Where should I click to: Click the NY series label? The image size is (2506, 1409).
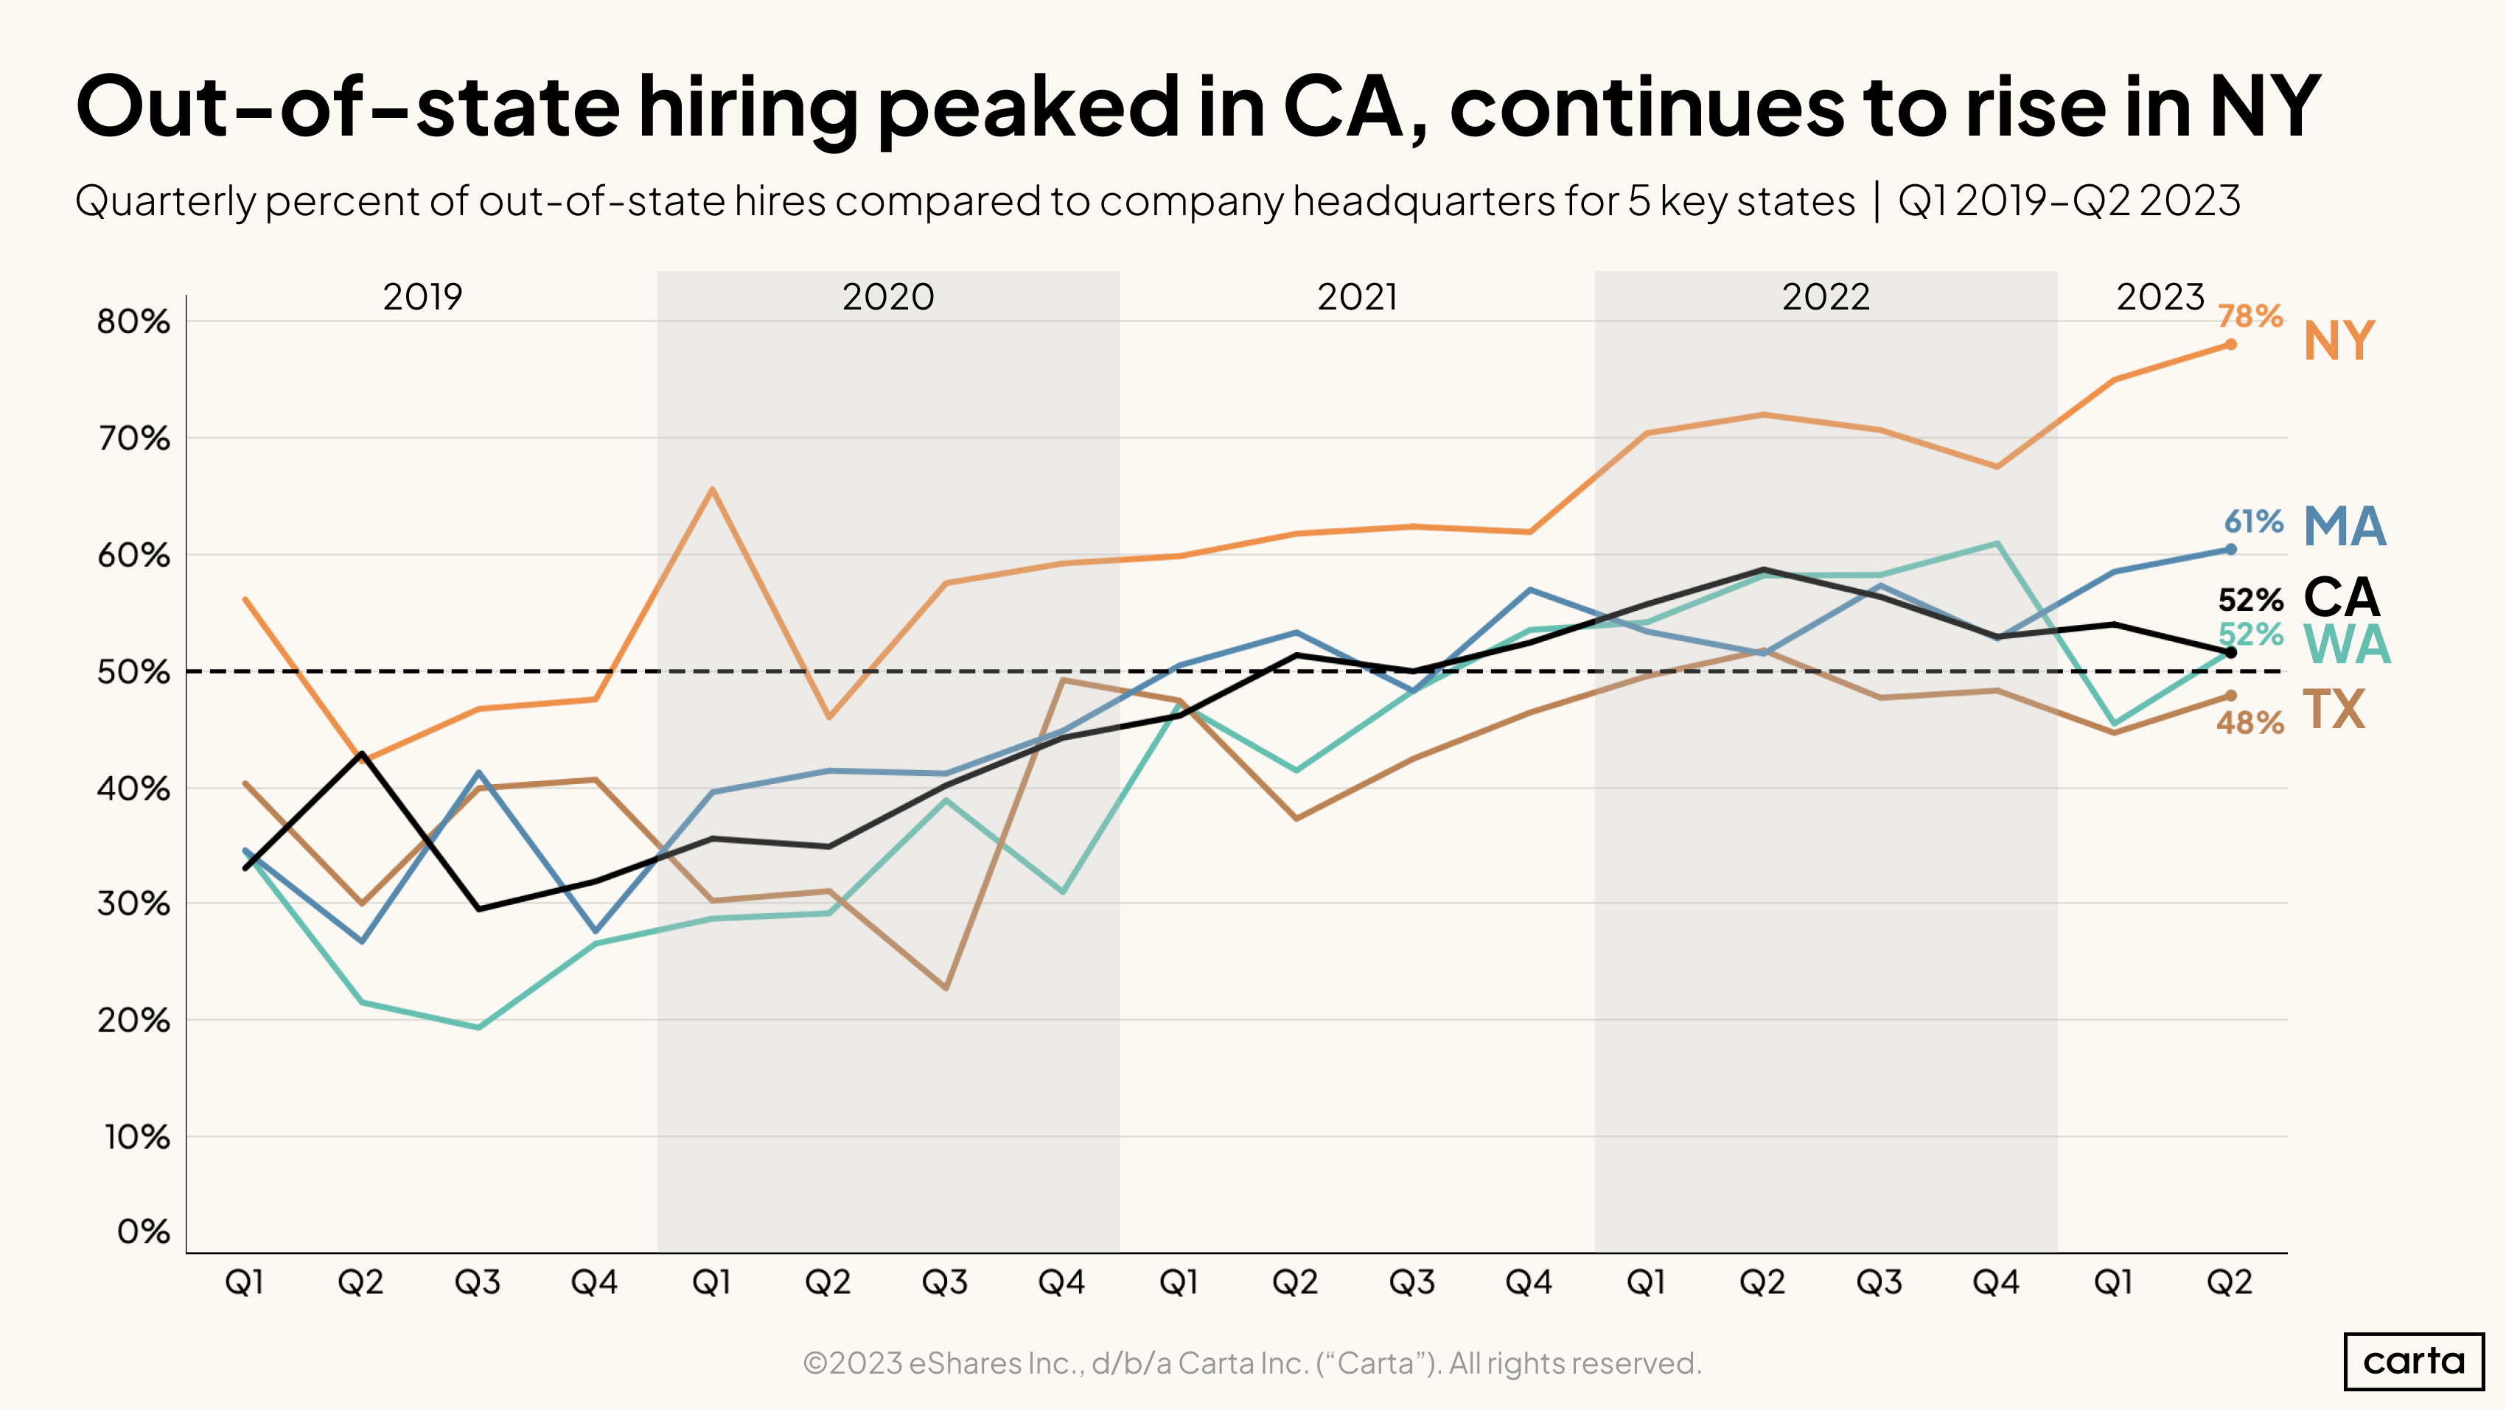coord(2339,341)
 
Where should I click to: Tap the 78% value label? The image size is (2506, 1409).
coord(2250,316)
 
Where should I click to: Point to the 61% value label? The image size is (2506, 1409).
coord(2253,522)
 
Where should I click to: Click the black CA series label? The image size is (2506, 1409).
coord(2341,597)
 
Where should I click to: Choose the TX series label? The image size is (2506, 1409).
coord(2334,710)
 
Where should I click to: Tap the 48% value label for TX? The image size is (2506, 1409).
coord(2250,722)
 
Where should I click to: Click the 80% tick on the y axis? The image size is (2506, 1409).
coord(133,322)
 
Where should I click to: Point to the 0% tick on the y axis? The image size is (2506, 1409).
coord(143,1232)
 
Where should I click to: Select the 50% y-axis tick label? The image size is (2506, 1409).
coord(133,672)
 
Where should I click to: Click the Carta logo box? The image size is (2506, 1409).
coord(2414,1361)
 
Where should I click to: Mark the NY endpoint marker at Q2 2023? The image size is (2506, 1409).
coord(2230,344)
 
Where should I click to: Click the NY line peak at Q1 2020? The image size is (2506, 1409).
coord(712,489)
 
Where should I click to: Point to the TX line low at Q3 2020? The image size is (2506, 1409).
coord(946,988)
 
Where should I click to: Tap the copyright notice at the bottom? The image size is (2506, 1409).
coord(1252,1363)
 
